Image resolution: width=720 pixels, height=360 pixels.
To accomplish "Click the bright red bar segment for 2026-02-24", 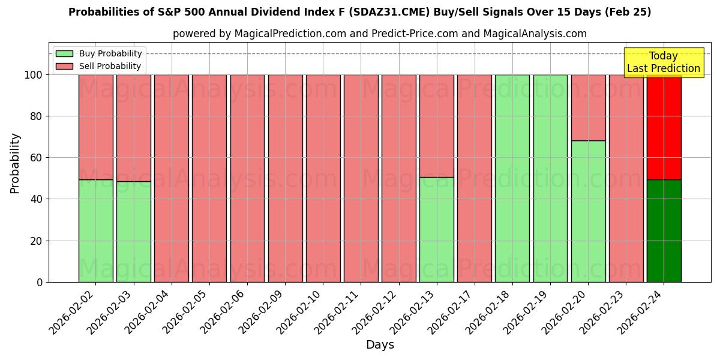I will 664,127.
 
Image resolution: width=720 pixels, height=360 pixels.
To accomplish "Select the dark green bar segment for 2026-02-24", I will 664,231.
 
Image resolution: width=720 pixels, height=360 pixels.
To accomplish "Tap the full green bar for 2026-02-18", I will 512,178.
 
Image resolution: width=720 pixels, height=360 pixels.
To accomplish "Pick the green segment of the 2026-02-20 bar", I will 588,211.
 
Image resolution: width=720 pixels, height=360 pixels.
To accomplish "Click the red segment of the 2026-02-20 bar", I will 588,107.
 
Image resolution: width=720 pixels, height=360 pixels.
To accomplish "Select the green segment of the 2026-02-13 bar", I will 436,229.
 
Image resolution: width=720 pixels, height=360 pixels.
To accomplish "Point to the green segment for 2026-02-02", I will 95,231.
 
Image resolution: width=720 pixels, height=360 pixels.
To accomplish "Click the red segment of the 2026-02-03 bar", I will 133,128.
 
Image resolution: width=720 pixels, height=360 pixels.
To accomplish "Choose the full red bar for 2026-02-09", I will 285,178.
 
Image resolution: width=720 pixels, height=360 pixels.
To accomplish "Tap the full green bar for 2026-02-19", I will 550,178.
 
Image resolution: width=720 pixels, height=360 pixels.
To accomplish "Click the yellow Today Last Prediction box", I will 663,62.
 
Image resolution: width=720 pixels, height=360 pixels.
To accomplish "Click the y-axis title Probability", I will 15,163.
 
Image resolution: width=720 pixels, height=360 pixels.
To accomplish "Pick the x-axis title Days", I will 380,345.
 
